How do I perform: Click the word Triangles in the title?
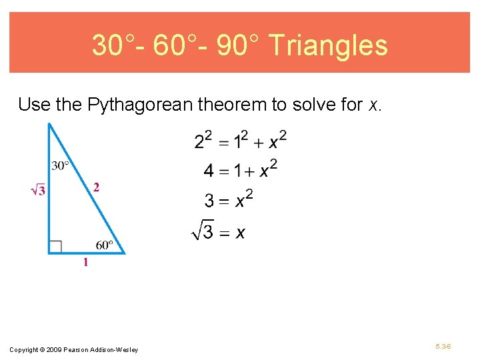coord(329,45)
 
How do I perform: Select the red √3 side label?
coord(39,191)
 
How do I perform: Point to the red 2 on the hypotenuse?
coord(96,188)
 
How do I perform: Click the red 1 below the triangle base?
coord(85,263)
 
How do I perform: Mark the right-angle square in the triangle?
coord(55,247)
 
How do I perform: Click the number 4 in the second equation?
coord(209,171)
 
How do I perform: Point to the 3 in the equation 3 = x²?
coord(209,201)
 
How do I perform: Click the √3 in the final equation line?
coord(202,231)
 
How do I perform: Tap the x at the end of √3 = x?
coord(240,232)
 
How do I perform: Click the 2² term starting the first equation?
coord(203,141)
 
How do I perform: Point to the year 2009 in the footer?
coord(54,350)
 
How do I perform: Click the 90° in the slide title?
coord(241,45)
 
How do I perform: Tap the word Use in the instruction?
coord(31,105)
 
